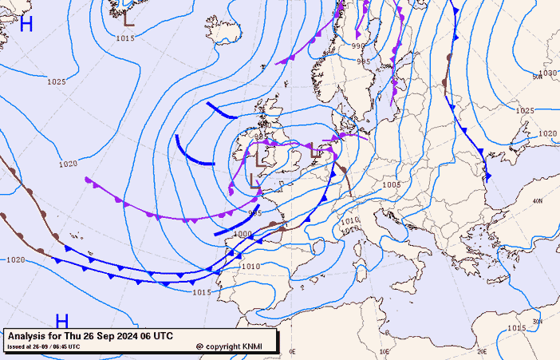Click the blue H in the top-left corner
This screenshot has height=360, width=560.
pos(26,23)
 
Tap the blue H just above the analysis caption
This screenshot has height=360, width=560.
pos(61,321)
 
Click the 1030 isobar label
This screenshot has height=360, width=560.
pos(547,73)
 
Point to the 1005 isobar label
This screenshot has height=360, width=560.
pos(391,184)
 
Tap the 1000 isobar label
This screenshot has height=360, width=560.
pos(242,234)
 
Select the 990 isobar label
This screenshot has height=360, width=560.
pos(358,45)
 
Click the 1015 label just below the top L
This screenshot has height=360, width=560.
pos(124,38)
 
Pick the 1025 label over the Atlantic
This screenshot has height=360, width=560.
pos(56,81)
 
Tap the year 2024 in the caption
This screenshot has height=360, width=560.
pos(120,336)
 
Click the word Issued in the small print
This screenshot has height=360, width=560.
pos(17,346)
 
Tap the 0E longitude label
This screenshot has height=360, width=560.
pos(293,351)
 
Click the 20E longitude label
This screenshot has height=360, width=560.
pos(481,351)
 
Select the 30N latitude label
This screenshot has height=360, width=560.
pos(538,321)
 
